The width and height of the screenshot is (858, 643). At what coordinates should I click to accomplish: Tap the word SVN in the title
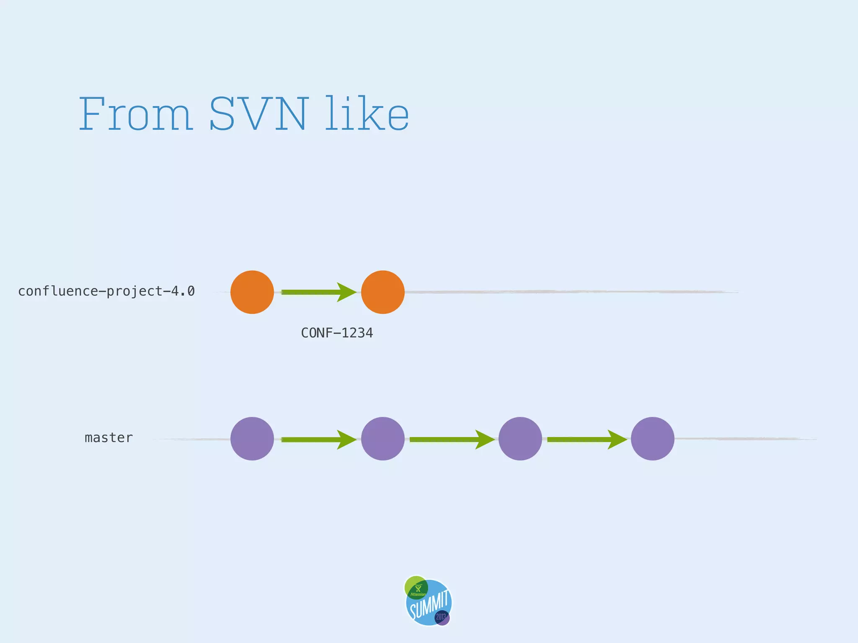(x=258, y=114)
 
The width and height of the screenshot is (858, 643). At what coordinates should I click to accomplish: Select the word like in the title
(x=367, y=114)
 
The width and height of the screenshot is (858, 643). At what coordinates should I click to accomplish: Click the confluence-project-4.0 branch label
(x=106, y=291)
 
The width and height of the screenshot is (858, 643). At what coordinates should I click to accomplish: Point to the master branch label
(x=109, y=438)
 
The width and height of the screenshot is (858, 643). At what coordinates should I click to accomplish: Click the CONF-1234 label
(x=337, y=333)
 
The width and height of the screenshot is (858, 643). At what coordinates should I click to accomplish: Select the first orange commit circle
(x=252, y=292)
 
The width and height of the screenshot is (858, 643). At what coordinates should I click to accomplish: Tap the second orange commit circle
(x=383, y=292)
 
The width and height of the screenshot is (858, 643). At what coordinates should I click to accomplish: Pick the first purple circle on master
(x=252, y=439)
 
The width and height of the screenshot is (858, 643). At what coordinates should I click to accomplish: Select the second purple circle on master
(x=383, y=439)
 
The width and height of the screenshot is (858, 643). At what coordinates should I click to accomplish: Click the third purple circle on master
(x=520, y=439)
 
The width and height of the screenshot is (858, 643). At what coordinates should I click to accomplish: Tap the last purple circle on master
(x=653, y=439)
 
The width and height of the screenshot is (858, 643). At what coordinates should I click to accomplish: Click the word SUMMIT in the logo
(x=430, y=604)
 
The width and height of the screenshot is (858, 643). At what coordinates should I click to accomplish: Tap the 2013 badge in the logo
(x=442, y=617)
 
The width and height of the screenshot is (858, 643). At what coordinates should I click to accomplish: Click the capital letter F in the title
(x=92, y=114)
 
